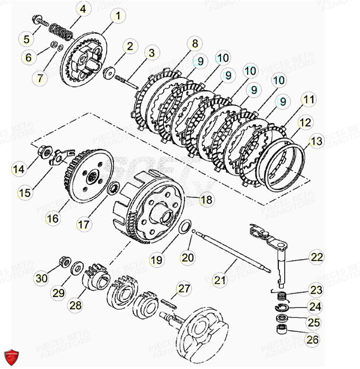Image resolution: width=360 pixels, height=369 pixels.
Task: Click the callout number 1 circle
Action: (x=118, y=15)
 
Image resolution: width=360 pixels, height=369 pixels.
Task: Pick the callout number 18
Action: (x=207, y=199)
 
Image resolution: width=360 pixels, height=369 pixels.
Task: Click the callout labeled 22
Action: (x=317, y=257)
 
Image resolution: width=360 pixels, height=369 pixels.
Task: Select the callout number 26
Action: (x=313, y=340)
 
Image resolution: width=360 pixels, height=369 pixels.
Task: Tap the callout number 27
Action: (x=183, y=289)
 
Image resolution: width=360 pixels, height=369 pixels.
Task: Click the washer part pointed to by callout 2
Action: (x=110, y=72)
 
